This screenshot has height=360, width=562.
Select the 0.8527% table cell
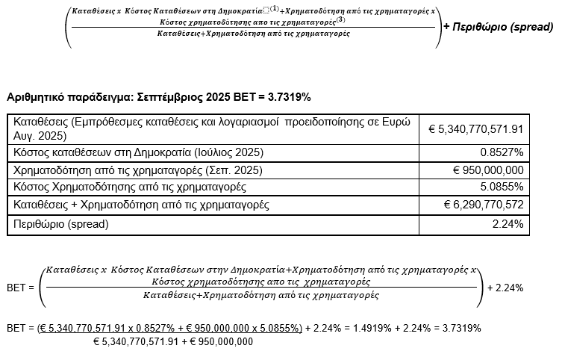point(501,152)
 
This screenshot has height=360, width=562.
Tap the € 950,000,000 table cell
point(488,170)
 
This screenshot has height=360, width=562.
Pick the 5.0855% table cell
point(501,187)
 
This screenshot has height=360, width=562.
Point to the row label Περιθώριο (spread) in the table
point(60,223)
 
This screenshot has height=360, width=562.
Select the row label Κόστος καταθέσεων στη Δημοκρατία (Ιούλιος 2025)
point(138,152)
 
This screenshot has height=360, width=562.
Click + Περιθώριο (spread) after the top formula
point(498,27)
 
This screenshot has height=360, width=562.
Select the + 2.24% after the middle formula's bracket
point(505,287)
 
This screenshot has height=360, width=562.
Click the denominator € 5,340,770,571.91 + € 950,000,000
point(172,341)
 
